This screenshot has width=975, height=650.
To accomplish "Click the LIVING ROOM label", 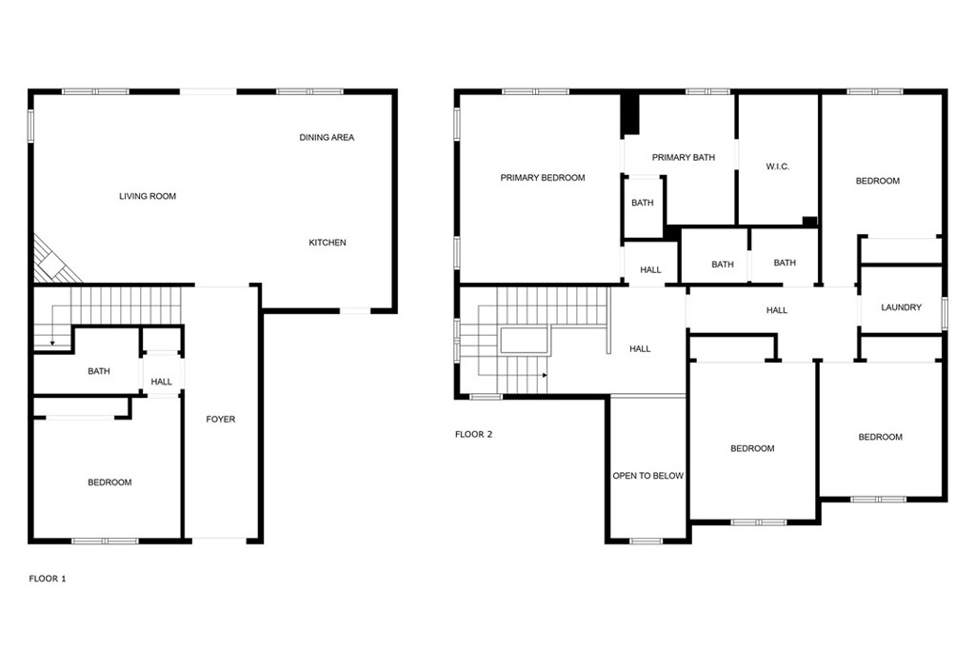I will pyautogui.click(x=148, y=197).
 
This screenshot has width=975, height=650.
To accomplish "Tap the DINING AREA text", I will pyautogui.click(x=327, y=138).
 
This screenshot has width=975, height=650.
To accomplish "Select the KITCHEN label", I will pyautogui.click(x=328, y=243).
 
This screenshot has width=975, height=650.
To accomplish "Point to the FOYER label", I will pyautogui.click(x=221, y=420).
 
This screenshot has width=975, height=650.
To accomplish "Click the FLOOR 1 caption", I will pyautogui.click(x=48, y=579).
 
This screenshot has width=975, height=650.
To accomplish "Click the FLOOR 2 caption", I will pyautogui.click(x=473, y=435).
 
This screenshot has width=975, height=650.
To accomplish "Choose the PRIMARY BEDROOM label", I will pyautogui.click(x=543, y=178).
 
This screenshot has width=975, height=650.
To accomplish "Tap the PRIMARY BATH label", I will pyautogui.click(x=683, y=158).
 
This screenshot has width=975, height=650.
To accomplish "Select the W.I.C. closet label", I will pyautogui.click(x=778, y=167).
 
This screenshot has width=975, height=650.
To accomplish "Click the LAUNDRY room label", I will pyautogui.click(x=901, y=308).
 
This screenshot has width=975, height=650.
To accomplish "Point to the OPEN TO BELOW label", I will pyautogui.click(x=647, y=476).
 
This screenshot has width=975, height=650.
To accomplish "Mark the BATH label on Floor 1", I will pyautogui.click(x=99, y=372).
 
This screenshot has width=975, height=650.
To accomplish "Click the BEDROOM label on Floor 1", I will pyautogui.click(x=109, y=483).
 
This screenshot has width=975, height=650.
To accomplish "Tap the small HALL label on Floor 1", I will pyautogui.click(x=162, y=383).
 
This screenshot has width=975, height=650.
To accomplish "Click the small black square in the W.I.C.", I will pyautogui.click(x=809, y=222).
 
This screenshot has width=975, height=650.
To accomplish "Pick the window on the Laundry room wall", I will pyautogui.click(x=945, y=312).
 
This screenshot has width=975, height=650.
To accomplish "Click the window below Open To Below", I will pyautogui.click(x=647, y=542).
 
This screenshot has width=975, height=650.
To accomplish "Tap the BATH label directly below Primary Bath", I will pyautogui.click(x=643, y=203).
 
